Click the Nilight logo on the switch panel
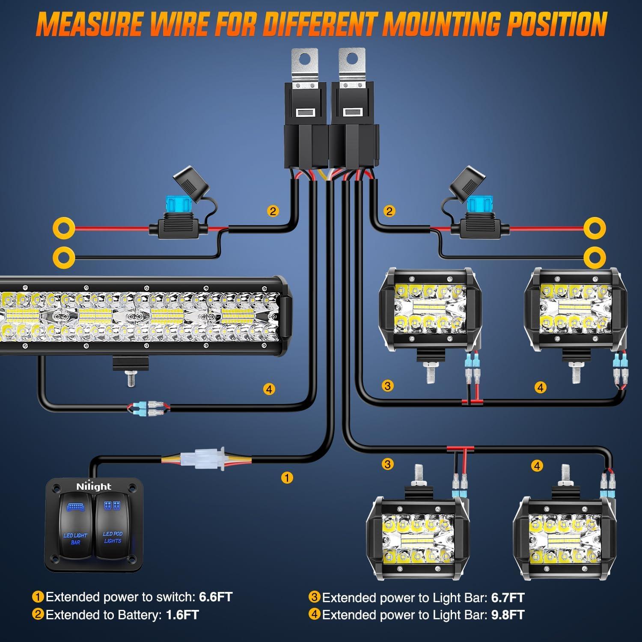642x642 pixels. click(93, 486)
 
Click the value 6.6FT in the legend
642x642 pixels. click(216, 597)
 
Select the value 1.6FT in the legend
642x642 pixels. click(182, 615)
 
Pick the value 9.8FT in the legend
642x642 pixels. click(508, 615)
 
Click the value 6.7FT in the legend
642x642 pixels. click(508, 597)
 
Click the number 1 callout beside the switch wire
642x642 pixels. click(287, 478)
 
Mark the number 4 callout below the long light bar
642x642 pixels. click(269, 389)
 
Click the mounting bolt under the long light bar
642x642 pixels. click(131, 379)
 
